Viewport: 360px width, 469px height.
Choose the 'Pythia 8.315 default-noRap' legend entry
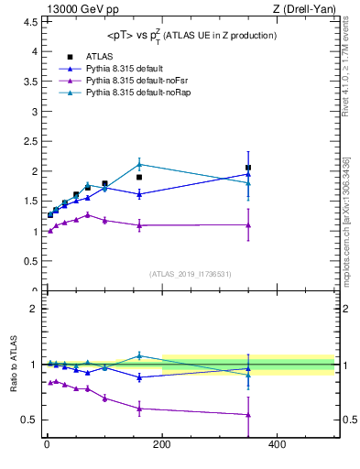click(128, 94)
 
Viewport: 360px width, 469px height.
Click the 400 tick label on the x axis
click(278, 445)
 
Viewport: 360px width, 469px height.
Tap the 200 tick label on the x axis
click(162, 445)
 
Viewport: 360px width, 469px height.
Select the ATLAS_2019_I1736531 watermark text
click(191, 274)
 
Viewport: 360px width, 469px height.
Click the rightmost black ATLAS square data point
click(248, 168)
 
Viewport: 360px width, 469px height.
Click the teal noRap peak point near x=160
click(139, 164)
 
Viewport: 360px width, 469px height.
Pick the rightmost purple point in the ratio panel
click(248, 415)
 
